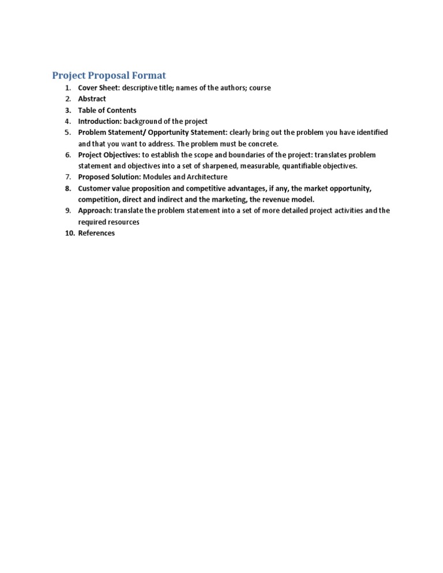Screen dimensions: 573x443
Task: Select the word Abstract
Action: (92, 99)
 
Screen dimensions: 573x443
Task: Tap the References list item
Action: (96, 233)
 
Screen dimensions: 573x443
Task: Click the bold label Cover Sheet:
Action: (99, 88)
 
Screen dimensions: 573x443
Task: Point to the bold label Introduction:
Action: (100, 121)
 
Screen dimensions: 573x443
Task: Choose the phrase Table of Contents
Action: (107, 110)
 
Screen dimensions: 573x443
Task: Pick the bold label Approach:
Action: (95, 210)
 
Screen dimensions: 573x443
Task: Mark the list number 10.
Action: (69, 233)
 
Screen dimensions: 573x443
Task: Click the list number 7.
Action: (68, 177)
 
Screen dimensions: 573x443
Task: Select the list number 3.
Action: (68, 110)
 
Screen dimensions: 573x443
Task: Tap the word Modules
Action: (157, 177)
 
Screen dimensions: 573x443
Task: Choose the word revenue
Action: (276, 199)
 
